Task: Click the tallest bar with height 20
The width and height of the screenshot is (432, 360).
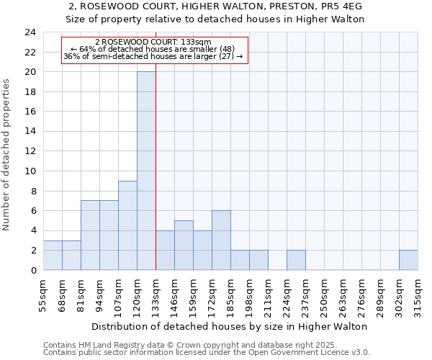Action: (146, 171)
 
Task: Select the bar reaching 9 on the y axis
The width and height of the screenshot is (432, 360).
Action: (127, 225)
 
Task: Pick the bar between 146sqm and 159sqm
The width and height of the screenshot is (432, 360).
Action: (184, 246)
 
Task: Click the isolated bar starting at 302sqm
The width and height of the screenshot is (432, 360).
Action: (408, 260)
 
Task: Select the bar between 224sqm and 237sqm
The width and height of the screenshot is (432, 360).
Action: (296, 260)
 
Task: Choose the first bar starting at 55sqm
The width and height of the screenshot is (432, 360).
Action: (53, 255)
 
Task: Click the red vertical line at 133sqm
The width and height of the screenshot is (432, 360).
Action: (156, 180)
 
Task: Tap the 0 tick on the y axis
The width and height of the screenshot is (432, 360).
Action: (33, 270)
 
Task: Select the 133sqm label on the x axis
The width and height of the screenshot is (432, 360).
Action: (156, 294)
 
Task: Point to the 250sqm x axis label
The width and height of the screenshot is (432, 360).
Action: (324, 294)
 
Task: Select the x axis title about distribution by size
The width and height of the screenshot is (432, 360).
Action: (230, 326)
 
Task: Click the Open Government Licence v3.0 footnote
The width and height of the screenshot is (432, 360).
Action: (302, 353)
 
